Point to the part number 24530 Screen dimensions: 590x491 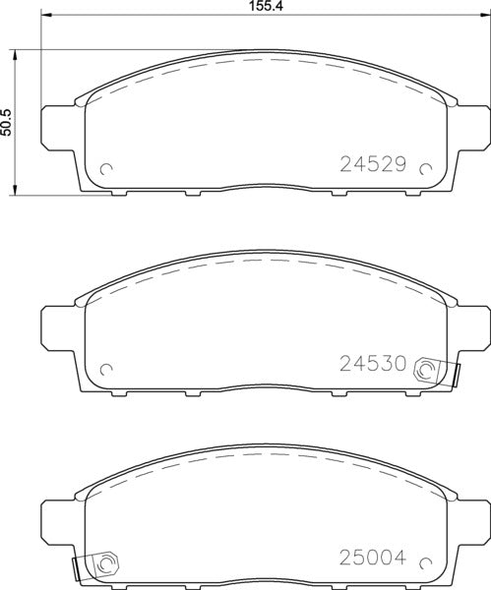pos(373,364)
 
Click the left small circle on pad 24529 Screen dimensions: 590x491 pos(107,168)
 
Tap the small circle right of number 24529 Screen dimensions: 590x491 pos(426,168)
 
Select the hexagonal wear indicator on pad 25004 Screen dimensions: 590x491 pos(105,564)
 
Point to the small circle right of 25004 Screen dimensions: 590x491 pos(426,563)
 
